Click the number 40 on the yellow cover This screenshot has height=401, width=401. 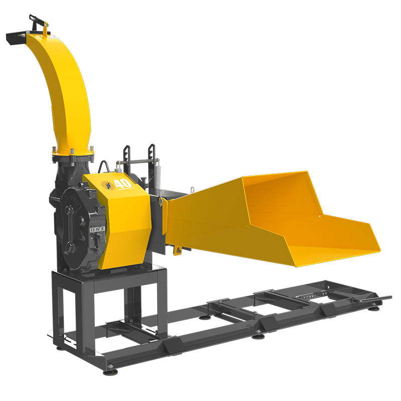click(x=123, y=184)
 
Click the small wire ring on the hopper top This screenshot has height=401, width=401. click(x=192, y=189)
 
